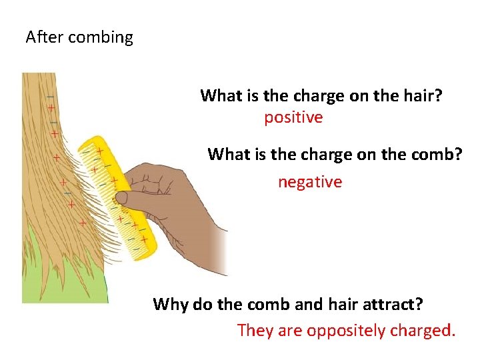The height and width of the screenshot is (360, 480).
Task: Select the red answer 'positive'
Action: pos(293,118)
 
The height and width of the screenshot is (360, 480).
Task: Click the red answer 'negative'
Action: pos(310,182)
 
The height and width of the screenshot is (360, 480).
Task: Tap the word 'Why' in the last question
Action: pos(171,305)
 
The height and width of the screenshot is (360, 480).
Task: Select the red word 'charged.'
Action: pos(421,331)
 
